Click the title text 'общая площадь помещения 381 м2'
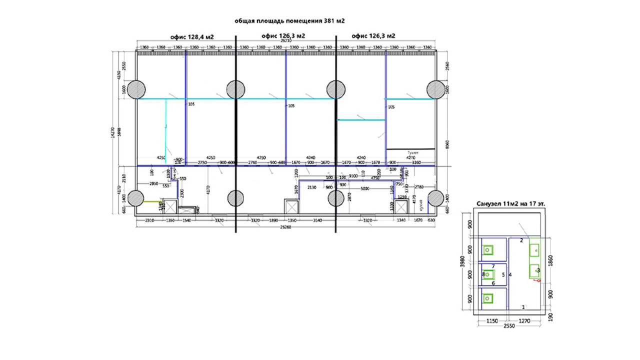(x=290, y=21)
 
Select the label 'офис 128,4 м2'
(x=192, y=36)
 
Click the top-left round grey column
(x=136, y=89)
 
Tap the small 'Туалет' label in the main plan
(x=413, y=151)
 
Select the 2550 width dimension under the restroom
(x=509, y=325)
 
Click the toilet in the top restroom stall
(x=487, y=249)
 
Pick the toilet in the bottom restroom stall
(x=487, y=298)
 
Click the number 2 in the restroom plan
(x=521, y=240)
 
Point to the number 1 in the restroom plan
(x=523, y=306)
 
